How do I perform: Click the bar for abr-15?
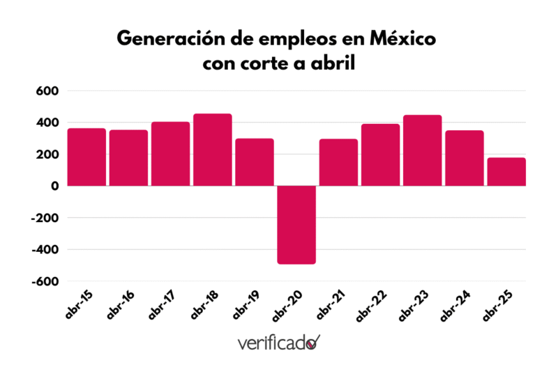tap(86, 157)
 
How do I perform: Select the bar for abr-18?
tap(213, 150)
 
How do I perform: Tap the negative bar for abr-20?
tap(296, 225)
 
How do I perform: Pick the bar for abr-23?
tap(423, 150)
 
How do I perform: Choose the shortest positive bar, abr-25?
tap(506, 172)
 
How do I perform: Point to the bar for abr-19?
tap(255, 162)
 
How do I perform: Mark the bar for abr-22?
tap(380, 155)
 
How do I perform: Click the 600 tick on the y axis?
tap(46, 91)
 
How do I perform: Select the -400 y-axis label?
tap(43, 249)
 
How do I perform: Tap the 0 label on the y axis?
tap(54, 186)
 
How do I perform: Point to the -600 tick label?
tap(43, 281)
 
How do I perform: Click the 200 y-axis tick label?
tap(46, 155)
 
